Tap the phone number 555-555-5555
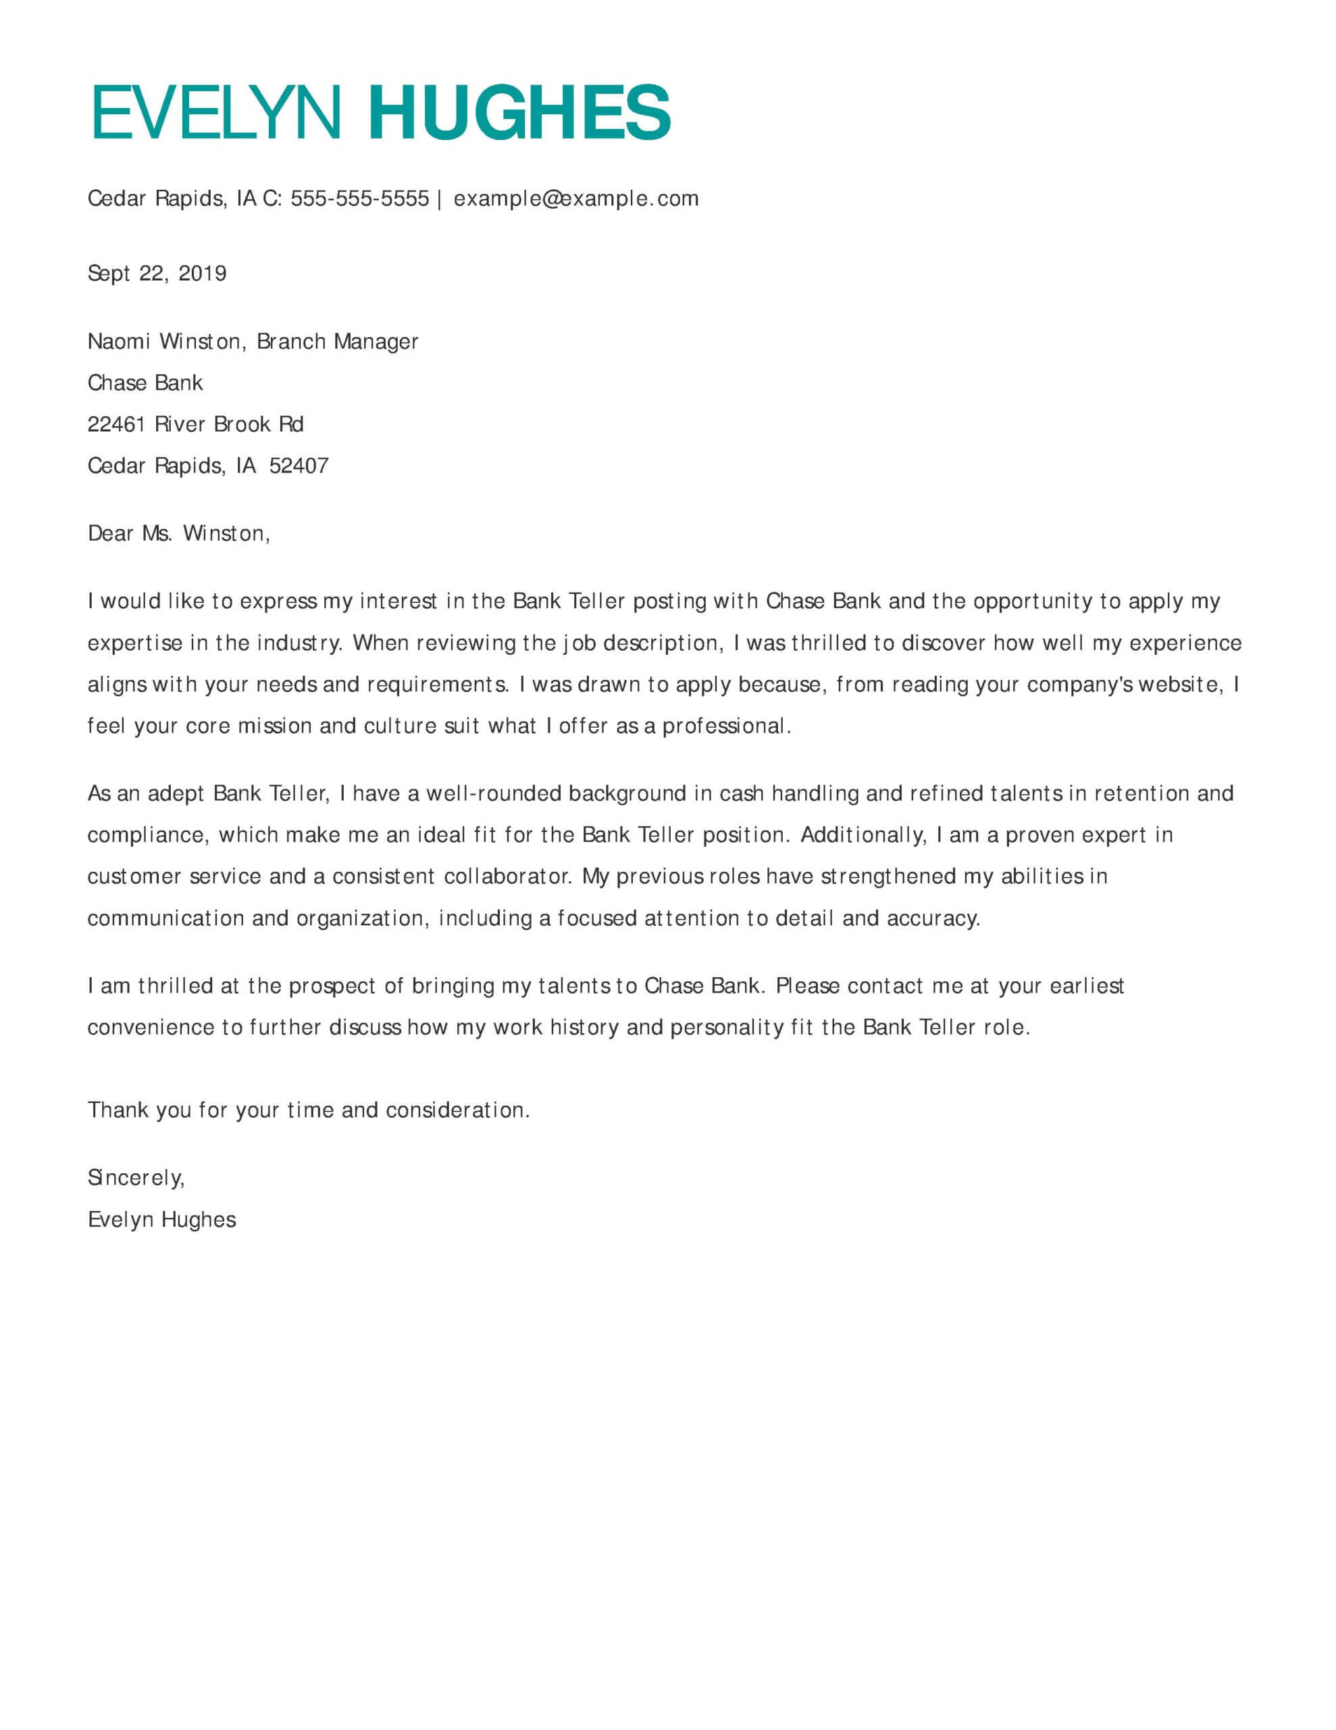tap(359, 198)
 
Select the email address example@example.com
tap(575, 198)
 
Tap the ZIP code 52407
tap(299, 466)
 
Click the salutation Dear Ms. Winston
tap(178, 534)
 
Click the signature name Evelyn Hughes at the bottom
tap(161, 1220)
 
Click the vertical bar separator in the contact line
tap(440, 198)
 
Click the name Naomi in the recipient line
tap(119, 341)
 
